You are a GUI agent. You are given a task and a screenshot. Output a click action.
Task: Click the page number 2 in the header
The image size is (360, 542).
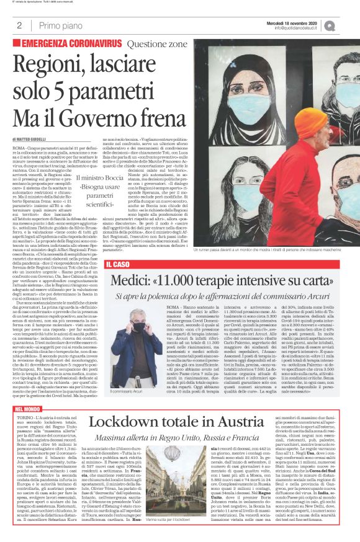coord(19,25)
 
